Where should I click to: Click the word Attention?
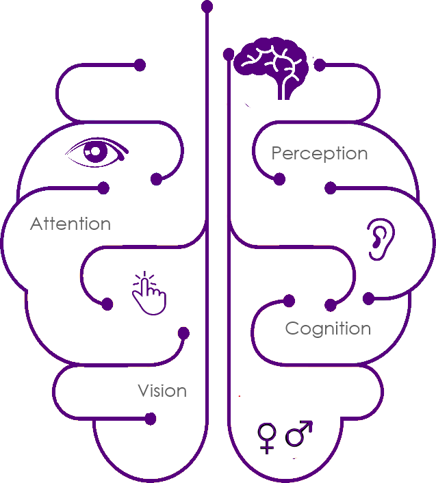click(x=70, y=224)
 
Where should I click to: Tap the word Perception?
click(x=320, y=153)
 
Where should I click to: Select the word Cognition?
click(x=328, y=328)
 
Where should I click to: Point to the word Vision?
click(x=162, y=391)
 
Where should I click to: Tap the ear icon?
click(x=380, y=240)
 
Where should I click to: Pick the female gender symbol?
click(x=266, y=437)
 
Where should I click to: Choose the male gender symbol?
click(x=299, y=432)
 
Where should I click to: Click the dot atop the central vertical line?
click(x=207, y=6)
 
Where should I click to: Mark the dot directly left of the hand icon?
click(x=107, y=304)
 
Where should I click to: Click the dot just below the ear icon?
click(x=368, y=298)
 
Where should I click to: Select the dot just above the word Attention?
click(x=103, y=187)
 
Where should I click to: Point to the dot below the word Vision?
click(x=151, y=419)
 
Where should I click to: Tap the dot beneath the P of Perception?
click(x=279, y=179)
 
